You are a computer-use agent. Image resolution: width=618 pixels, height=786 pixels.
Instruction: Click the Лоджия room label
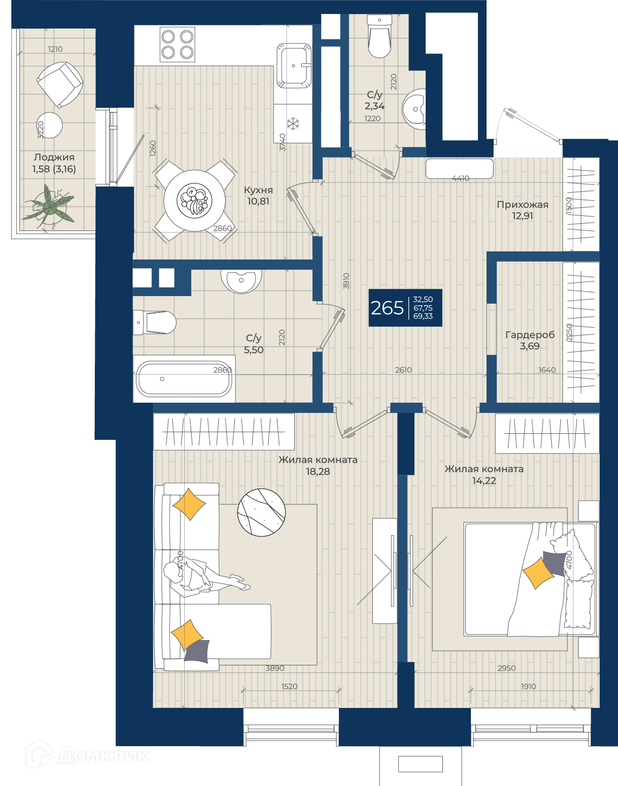pos(54,157)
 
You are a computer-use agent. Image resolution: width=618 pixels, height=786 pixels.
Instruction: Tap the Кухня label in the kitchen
pos(258,190)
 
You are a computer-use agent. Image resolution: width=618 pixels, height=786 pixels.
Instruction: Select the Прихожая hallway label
pos(523,205)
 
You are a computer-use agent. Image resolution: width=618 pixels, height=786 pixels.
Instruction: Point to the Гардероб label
pos(530,334)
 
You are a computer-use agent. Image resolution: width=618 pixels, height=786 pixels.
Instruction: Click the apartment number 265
pos(387,308)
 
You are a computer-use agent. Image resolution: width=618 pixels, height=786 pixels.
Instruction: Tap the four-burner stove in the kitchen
pos(177,45)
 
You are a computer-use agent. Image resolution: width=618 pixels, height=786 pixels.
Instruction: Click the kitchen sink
pos(294,66)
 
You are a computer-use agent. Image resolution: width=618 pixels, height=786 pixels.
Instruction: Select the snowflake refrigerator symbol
pos(294,124)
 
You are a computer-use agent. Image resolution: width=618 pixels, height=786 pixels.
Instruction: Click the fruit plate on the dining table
pos(195,200)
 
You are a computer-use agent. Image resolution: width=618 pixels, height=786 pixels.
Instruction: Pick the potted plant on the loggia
pos(48,207)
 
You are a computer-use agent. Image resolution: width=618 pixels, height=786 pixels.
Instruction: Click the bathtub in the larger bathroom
pos(184,378)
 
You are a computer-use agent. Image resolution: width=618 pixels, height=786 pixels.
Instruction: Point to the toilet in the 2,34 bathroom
pos(379,36)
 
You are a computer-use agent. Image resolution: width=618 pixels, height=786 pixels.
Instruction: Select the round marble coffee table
pos(261,512)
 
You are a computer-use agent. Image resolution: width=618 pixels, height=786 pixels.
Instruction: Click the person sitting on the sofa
pos(203,576)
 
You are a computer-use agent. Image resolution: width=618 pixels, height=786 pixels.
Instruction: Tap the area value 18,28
pos(318,472)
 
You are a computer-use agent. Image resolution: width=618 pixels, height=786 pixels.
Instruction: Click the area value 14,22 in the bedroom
pos(484,481)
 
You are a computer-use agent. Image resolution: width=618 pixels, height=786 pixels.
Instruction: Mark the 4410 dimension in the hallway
pos(461,178)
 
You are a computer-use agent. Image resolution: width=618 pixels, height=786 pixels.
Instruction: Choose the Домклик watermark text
pos(103,756)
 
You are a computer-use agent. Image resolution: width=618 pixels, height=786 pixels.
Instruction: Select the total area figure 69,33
pos(423,316)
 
